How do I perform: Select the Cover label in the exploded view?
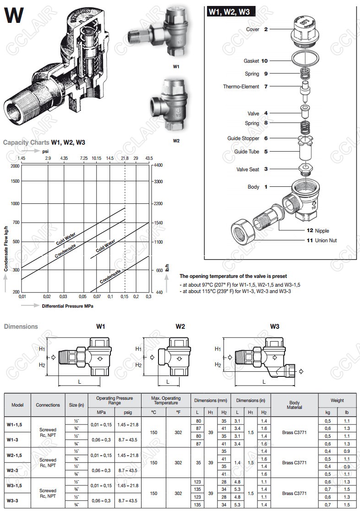pos(253,29)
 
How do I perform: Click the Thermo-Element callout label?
pos(241,87)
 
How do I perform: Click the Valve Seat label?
pos(248,169)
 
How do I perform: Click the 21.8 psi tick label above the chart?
pos(125,158)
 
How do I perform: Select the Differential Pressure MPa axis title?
pos(67,306)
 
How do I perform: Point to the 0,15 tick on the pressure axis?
pos(124,297)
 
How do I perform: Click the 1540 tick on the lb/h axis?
pos(158,223)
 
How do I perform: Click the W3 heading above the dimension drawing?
pos(274,326)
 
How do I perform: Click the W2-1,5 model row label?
pos(15,455)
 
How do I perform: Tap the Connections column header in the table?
pos(48,405)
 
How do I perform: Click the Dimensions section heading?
pos(21,326)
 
